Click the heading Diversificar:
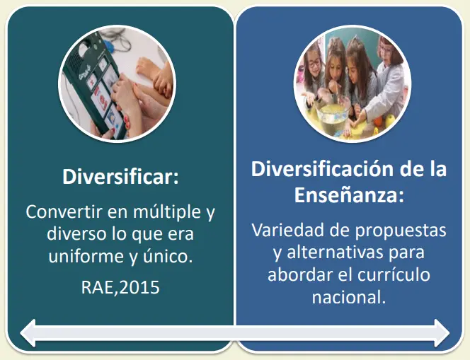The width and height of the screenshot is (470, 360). pyautogui.click(x=120, y=177)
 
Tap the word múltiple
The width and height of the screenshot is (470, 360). pyautogui.click(x=167, y=211)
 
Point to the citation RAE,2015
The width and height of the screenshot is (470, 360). pyautogui.click(x=120, y=287)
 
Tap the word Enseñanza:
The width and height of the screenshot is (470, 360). pyautogui.click(x=349, y=195)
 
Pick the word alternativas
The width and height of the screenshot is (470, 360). pyautogui.click(x=335, y=252)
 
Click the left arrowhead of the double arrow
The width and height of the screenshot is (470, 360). pyautogui.click(x=28, y=333)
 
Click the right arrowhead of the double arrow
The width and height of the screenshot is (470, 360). pyautogui.click(x=442, y=333)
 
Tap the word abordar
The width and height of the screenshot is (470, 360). pyautogui.click(x=300, y=274)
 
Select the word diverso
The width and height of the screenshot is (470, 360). pyautogui.click(x=76, y=233)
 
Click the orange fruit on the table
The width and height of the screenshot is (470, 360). pyautogui.click(x=378, y=120)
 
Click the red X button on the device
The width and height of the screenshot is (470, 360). pyautogui.click(x=92, y=80)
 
